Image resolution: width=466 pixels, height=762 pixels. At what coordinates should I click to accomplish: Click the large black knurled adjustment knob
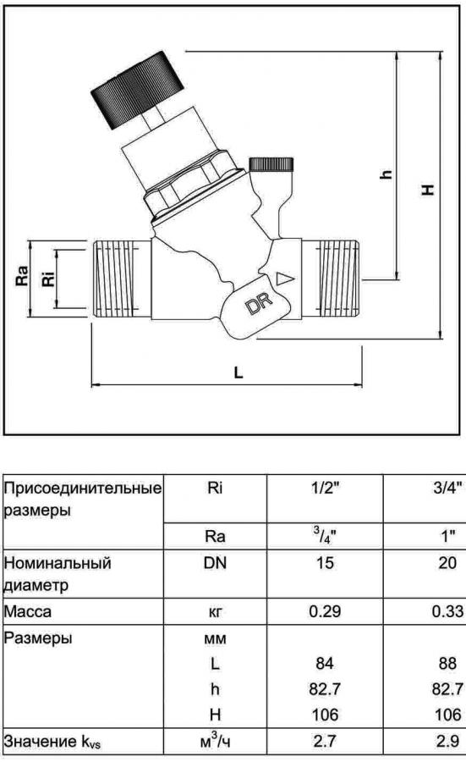coord(138,90)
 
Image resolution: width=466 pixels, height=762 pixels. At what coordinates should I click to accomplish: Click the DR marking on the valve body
coord(259,304)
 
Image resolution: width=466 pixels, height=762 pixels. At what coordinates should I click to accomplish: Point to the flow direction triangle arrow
coord(285,279)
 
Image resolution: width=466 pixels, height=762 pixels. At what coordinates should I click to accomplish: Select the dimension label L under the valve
coord(238,373)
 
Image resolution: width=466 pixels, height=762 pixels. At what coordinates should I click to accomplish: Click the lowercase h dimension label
coord(386,174)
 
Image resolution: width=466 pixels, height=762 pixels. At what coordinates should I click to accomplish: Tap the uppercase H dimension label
coord(427,189)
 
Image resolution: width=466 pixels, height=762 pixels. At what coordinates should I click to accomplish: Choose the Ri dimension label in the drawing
coord(48,276)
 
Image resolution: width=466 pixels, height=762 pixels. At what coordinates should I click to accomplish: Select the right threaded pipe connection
coord(332,279)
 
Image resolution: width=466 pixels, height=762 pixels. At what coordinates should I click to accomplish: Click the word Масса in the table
coord(27,610)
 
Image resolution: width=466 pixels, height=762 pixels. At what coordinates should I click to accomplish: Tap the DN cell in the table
coord(215,563)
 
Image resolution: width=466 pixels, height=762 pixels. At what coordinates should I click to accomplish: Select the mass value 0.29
coord(325,610)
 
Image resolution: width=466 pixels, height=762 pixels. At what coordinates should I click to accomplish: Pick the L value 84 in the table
coord(324,663)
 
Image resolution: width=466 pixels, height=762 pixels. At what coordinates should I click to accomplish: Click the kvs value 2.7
coord(325,741)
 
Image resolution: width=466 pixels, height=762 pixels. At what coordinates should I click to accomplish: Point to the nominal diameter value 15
coord(325,563)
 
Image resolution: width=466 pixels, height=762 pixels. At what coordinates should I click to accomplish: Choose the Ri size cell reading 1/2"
coord(325,488)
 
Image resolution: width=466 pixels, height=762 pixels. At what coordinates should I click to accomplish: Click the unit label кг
coord(215,612)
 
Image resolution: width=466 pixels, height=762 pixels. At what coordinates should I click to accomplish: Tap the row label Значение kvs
coord(52,741)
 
